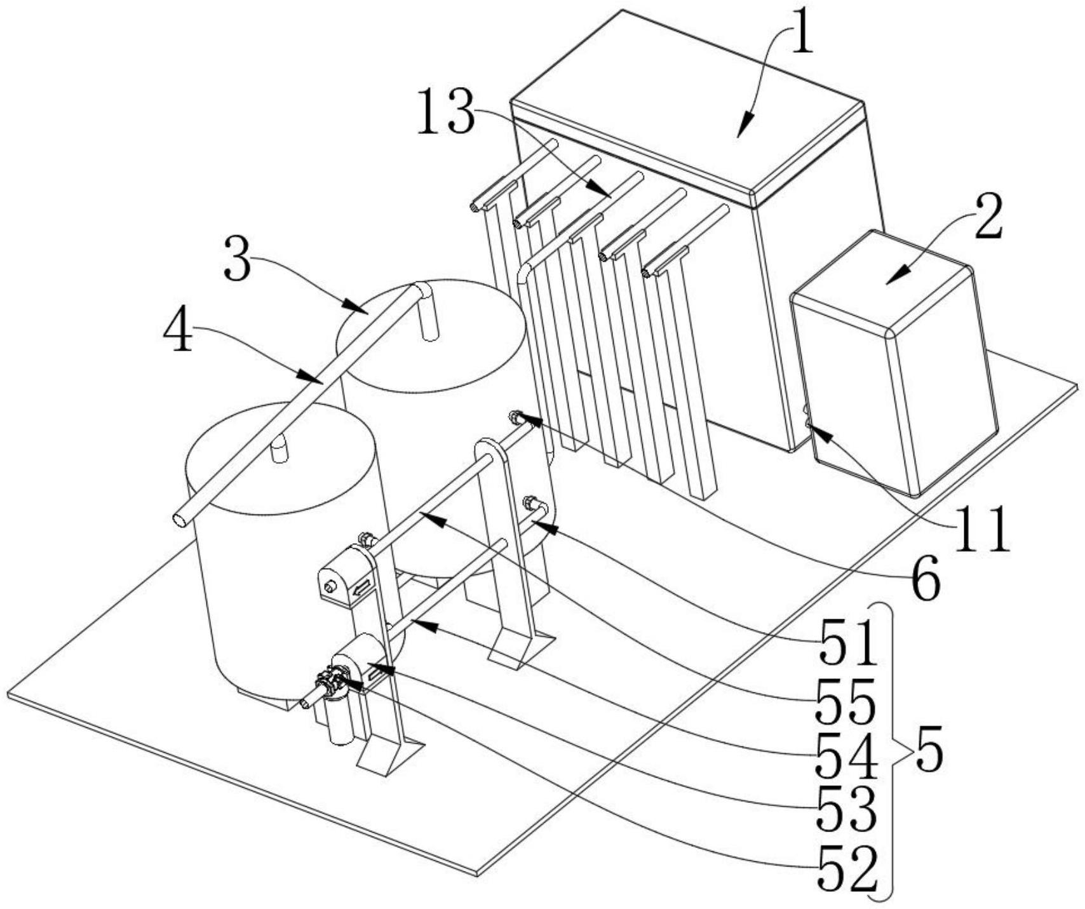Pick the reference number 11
(983, 529)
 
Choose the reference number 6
(925, 577)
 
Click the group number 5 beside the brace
(928, 752)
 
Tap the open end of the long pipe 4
(180, 520)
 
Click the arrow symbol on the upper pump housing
(361, 589)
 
